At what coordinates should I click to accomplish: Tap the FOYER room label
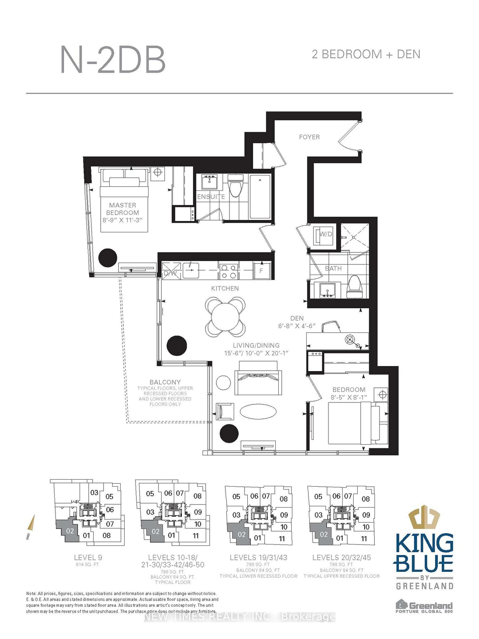click(309, 137)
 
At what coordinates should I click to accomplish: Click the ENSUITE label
click(211, 197)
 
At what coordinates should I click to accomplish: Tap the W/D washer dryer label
click(325, 234)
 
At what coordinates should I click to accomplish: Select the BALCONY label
click(165, 382)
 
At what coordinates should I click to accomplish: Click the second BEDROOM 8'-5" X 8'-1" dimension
click(349, 397)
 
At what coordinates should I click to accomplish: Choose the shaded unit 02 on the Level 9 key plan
click(69, 531)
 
